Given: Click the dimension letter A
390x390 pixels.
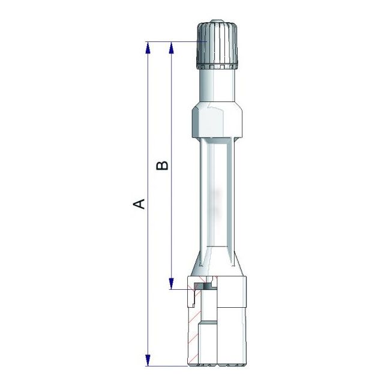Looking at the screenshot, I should [139, 203].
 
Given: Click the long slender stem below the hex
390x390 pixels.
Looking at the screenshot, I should [217, 192].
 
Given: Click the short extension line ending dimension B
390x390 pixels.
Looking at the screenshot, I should [180, 289].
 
